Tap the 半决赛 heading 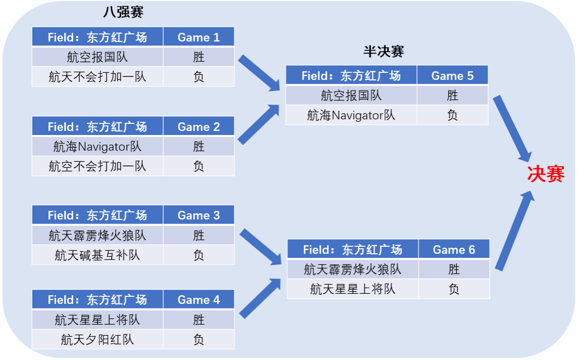coord(383,52)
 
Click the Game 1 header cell coord(199,37)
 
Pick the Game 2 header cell coord(199,127)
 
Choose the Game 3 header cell coord(199,215)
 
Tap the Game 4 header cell coord(199,300)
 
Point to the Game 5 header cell coord(452,76)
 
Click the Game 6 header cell coord(454,250)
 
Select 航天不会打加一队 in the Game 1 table coord(98,77)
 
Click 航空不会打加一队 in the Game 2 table coord(98,166)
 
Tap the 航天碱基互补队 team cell coord(98,255)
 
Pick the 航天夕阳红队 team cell coord(98,339)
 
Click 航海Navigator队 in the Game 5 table coord(351,115)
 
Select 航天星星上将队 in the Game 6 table coord(353,289)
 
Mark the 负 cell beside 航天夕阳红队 coord(199,339)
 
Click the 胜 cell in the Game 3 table coord(199,236)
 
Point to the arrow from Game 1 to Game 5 coord(259,73)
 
